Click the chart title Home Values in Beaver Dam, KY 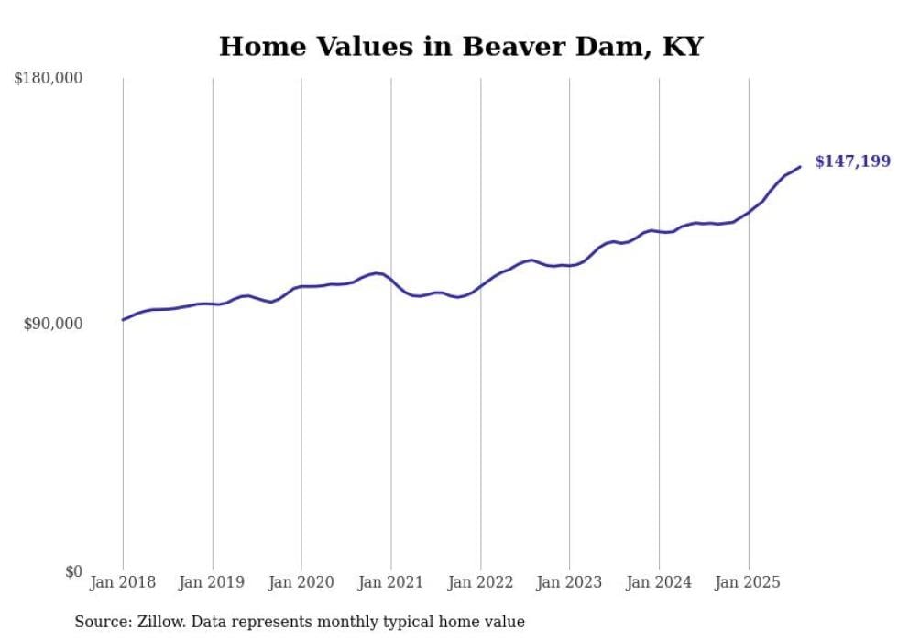(x=460, y=47)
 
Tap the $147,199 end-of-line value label (x=852, y=162)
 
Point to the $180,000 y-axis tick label (x=49, y=79)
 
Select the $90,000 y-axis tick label (x=53, y=324)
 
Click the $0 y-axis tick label (x=73, y=571)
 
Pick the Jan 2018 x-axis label (x=123, y=582)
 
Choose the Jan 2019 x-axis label (x=213, y=582)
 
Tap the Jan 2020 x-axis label (x=301, y=582)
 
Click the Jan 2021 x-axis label (x=391, y=582)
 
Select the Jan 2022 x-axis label (x=480, y=582)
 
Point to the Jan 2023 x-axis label (x=570, y=582)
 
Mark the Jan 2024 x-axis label (x=659, y=582)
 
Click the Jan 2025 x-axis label (x=749, y=582)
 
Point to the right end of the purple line (x=800, y=167)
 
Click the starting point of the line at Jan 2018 (x=123, y=320)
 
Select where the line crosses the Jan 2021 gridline (x=391, y=280)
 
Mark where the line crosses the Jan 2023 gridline (x=570, y=265)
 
